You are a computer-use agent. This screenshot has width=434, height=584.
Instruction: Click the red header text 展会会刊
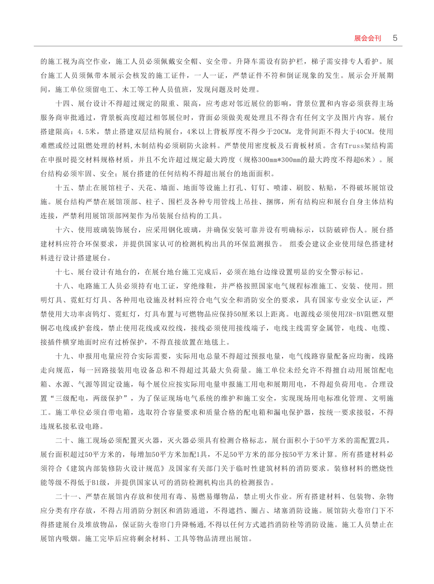click(368, 38)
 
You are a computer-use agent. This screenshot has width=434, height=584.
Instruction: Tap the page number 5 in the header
click(395, 38)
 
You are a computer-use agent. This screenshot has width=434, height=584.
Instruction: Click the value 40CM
click(363, 132)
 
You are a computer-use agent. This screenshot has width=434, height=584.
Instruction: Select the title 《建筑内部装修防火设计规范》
click(115, 468)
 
